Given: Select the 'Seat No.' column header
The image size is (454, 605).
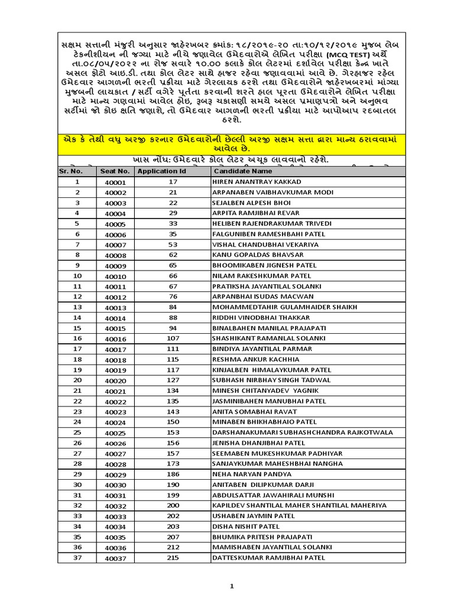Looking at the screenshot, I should click(112, 171).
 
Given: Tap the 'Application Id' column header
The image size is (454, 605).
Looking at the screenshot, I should click(161, 171).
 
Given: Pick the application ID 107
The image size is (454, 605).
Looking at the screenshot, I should click(173, 338).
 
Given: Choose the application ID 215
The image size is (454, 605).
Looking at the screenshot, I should click(173, 557).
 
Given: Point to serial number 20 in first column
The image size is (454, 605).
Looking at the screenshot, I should click(77, 380).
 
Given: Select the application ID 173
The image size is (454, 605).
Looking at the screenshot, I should click(173, 464).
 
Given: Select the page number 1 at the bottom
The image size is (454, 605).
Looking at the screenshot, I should click(232, 586).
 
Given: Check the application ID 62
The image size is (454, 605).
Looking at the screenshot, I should click(173, 254).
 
